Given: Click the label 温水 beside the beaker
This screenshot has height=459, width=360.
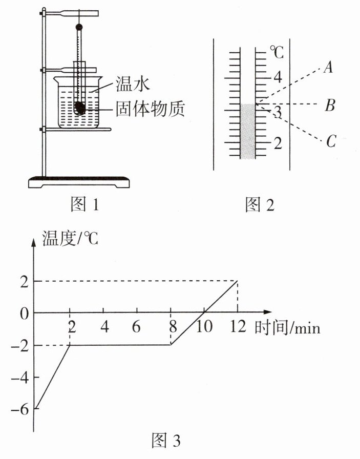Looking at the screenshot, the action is coord(133,84).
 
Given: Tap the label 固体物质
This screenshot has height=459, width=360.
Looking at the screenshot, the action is coord(150,109).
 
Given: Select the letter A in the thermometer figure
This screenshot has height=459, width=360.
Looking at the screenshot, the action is coord(328,67).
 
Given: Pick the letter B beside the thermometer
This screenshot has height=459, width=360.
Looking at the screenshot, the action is coord(330,106).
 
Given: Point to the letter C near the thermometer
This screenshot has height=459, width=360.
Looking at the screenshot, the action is coord(331,141).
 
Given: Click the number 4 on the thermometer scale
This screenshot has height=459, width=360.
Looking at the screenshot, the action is coord(278,77).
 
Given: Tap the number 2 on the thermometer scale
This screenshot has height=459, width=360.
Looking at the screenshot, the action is coord(278,143).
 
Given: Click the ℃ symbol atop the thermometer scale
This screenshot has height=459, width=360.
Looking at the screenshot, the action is coord(277,52).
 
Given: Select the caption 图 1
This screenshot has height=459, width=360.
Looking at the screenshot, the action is coord(85,204).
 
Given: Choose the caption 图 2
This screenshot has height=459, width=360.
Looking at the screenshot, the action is coord(260,204).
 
